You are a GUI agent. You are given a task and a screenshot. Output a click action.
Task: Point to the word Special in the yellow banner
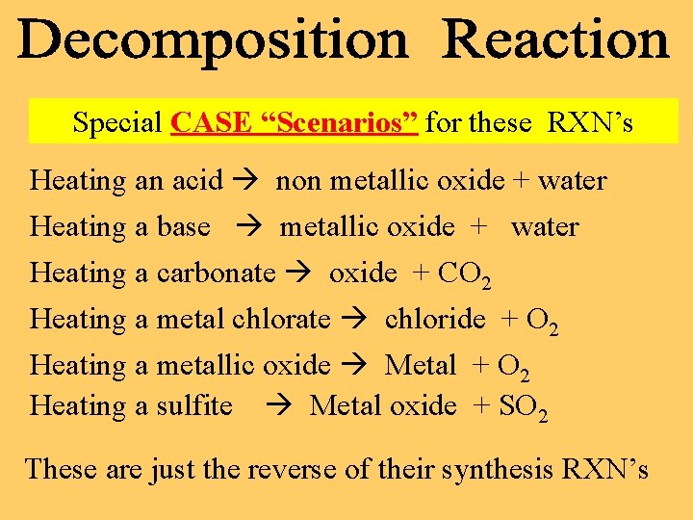[x=117, y=123]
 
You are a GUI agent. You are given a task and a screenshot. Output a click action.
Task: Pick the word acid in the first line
[x=197, y=181]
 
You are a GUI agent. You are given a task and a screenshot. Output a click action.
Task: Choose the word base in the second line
[x=183, y=227]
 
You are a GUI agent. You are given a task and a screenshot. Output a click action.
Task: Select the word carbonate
[x=216, y=273]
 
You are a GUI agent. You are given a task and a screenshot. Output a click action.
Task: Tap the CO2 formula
[x=465, y=275]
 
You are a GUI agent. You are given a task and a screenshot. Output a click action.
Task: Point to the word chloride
[x=435, y=319]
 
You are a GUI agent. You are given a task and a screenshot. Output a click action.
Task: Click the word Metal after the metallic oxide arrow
[x=420, y=365]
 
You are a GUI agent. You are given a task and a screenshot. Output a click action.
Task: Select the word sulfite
[x=194, y=406]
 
